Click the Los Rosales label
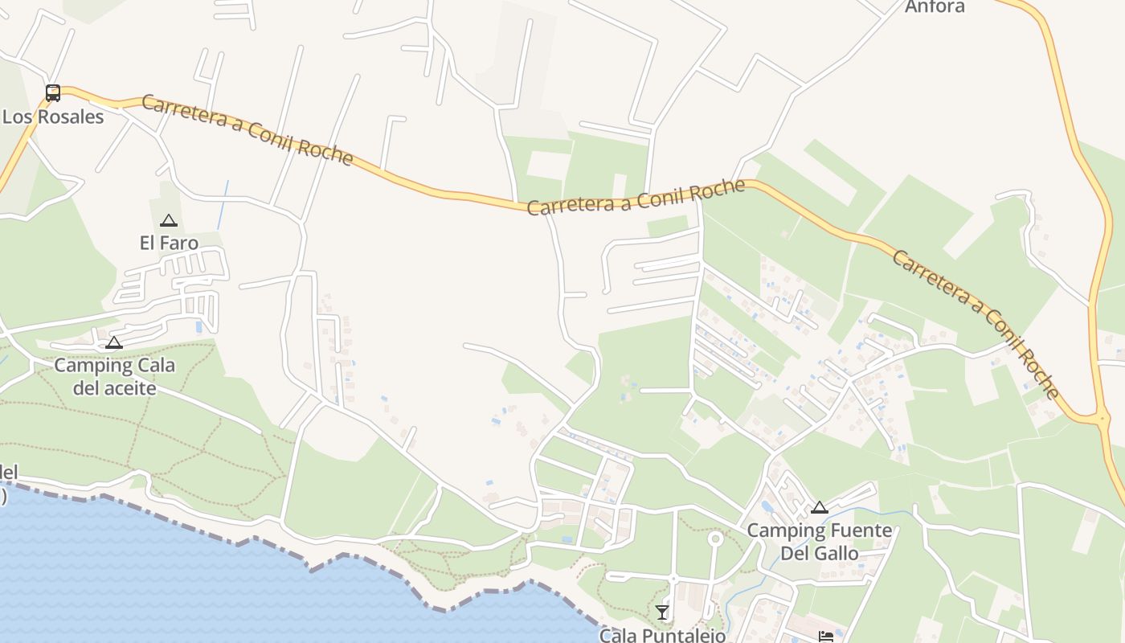(x=53, y=117)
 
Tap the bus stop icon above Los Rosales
(x=53, y=93)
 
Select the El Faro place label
(x=169, y=242)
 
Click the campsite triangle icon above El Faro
(x=169, y=220)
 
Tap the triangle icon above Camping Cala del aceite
(x=114, y=343)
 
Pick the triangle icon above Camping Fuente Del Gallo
(x=819, y=507)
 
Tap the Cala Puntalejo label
(x=662, y=635)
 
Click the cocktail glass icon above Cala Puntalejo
(x=662, y=612)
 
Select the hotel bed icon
(x=826, y=637)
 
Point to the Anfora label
(x=935, y=7)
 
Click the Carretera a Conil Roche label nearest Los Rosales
(x=247, y=129)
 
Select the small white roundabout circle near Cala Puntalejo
(x=714, y=539)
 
